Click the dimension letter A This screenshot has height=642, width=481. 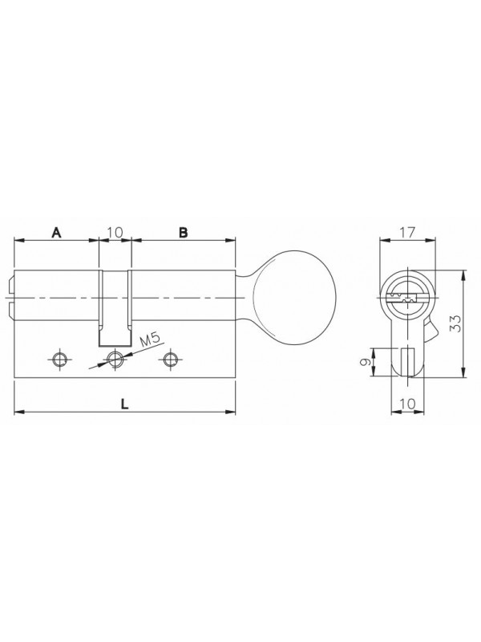tap(56, 233)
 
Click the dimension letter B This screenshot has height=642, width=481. tap(184, 233)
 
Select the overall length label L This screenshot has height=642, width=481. tap(125, 404)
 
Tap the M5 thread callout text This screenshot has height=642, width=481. tap(150, 340)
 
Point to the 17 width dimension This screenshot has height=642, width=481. tap(407, 233)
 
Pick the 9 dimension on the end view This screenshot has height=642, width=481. tap(366, 362)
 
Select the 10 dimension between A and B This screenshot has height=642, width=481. tap(115, 233)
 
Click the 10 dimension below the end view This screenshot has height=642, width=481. tap(407, 404)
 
